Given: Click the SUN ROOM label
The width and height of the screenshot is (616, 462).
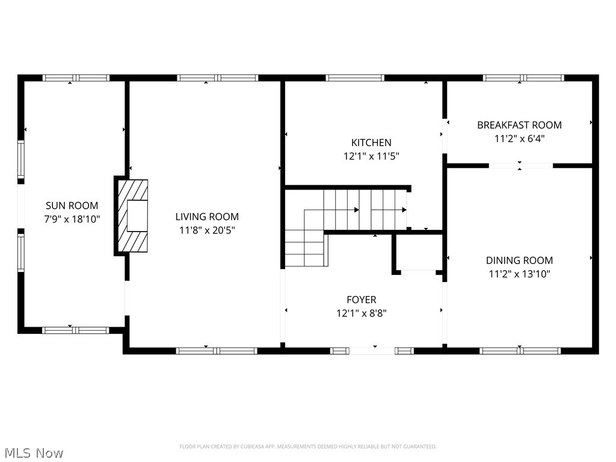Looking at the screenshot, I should click(71, 206).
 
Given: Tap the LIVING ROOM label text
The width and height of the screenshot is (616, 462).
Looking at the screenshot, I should click(207, 217).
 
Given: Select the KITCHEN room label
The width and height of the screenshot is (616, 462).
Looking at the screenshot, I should click(371, 143).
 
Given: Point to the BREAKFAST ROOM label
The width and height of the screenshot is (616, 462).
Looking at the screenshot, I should click(519, 125).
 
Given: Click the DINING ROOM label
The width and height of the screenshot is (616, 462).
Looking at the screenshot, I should click(519, 260).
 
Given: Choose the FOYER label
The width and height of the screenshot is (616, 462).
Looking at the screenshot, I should click(362, 300).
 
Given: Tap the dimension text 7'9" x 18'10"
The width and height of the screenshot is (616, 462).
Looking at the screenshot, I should click(71, 219).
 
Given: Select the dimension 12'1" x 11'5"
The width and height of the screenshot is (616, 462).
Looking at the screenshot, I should click(371, 156).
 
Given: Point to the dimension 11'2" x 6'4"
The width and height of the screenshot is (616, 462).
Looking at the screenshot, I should click(519, 138).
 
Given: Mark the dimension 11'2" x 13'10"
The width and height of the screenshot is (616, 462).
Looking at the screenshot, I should click(519, 274).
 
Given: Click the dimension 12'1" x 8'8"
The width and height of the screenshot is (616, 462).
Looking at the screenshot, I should click(362, 313).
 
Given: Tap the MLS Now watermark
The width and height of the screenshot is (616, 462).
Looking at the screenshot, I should click(33, 452).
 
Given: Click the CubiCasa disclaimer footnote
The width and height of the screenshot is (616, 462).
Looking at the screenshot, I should click(307, 446).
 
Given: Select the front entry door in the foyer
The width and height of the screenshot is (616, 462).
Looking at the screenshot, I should click(372, 350).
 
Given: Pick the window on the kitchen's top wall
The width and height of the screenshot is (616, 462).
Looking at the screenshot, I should click(354, 78).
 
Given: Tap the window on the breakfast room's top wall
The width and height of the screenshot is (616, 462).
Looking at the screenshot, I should click(523, 78).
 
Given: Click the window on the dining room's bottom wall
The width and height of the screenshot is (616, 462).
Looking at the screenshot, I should click(520, 350).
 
